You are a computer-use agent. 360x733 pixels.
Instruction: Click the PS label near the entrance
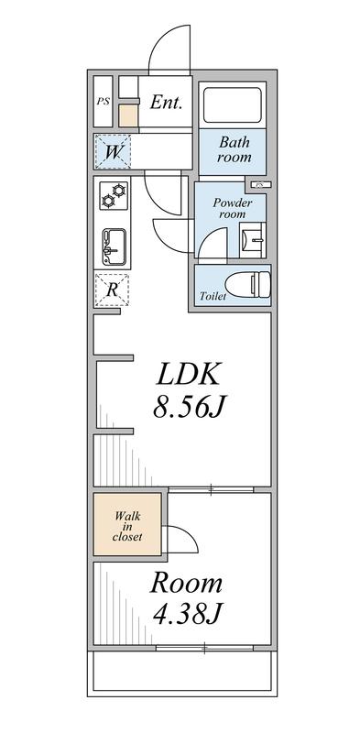[x=103, y=101]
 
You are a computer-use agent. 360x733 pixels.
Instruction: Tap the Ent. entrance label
[x=166, y=103]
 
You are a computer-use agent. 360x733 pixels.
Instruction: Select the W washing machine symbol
[x=113, y=151]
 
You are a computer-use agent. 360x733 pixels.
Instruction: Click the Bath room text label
[x=234, y=150]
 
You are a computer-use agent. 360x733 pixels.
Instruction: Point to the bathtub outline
[x=233, y=104]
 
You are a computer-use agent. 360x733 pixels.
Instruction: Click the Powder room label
[x=231, y=208]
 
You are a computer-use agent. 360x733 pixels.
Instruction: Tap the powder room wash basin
[x=253, y=241]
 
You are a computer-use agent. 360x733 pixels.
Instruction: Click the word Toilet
[x=213, y=297]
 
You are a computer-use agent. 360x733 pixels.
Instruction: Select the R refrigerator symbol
[x=113, y=290]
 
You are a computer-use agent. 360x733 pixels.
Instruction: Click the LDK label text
[x=188, y=374]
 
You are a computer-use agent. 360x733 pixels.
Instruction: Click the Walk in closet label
[x=127, y=526]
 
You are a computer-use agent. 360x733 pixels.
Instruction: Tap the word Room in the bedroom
[x=186, y=583]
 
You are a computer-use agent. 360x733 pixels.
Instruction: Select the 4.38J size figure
[x=186, y=615]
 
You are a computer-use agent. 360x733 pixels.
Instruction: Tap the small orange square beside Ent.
[x=128, y=115]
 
